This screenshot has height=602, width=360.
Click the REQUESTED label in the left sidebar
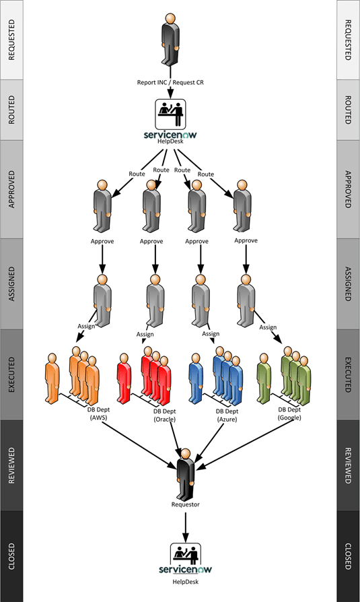[x=11, y=40]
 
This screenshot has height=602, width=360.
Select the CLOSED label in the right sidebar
[x=348, y=556]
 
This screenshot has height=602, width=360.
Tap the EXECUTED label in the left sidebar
[x=11, y=374]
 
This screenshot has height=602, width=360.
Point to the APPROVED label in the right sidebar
[x=348, y=189]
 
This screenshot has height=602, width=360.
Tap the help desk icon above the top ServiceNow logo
[x=172, y=114]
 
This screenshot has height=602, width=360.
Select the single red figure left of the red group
[x=123, y=378]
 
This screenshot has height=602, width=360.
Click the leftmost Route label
[x=137, y=173]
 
